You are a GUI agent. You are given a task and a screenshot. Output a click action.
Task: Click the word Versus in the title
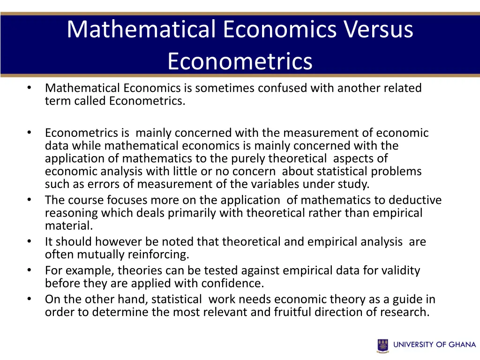(x=379, y=29)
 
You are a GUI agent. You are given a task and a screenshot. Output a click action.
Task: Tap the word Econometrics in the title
(x=240, y=61)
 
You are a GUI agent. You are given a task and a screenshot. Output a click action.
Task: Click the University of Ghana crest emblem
(x=382, y=345)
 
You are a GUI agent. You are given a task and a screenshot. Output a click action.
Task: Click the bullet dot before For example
(x=29, y=270)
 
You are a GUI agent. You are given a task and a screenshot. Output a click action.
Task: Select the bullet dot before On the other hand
(x=29, y=299)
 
